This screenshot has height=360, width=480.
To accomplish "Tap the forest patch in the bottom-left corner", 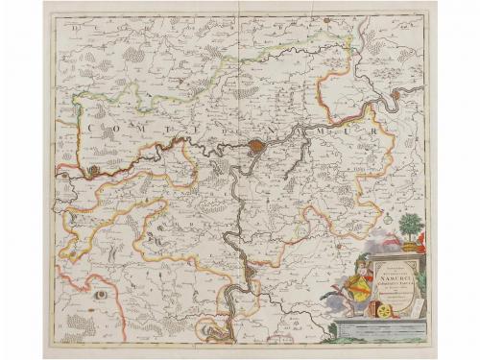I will pos(72,326).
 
